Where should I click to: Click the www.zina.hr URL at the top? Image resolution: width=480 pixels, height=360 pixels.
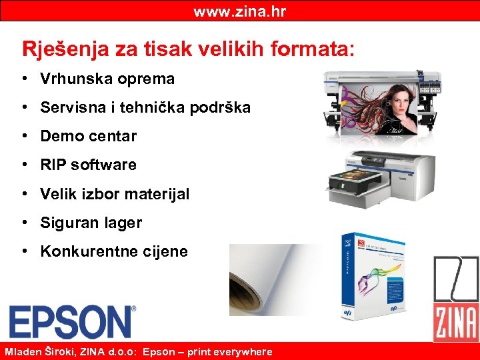239,11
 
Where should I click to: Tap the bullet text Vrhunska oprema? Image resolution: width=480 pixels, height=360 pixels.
107,79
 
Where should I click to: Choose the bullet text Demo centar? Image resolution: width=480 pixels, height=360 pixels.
88,136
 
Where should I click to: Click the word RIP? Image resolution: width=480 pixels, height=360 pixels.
53,165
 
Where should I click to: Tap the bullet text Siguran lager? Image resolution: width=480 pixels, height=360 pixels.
91,223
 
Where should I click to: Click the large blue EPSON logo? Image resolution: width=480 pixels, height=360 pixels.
70,321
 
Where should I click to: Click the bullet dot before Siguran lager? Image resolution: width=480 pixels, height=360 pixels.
23,223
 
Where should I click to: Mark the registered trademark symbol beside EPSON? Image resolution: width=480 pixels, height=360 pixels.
133,309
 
